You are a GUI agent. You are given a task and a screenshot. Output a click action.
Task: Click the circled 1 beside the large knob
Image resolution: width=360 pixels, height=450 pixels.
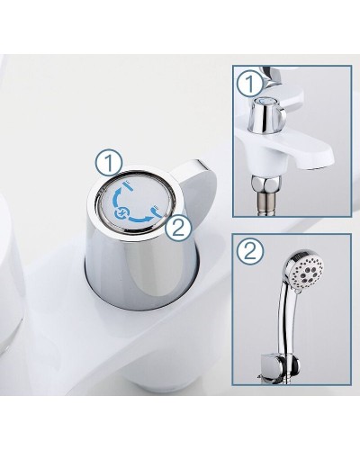[x=110, y=163]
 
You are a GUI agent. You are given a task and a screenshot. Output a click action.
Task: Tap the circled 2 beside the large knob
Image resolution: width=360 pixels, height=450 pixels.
[x=178, y=230]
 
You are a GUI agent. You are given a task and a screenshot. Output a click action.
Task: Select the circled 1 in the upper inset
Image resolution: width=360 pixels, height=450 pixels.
[x=251, y=83]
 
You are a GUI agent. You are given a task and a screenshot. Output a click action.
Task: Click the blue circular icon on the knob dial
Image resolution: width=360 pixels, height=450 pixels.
[x=121, y=213]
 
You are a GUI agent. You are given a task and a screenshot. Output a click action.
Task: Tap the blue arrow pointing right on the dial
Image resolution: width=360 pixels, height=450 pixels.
[x=139, y=218]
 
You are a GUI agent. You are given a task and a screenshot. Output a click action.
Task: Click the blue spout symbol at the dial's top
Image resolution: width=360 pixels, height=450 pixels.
[x=128, y=185]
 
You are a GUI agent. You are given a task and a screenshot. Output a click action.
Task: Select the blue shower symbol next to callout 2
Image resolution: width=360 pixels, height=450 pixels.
[x=158, y=211]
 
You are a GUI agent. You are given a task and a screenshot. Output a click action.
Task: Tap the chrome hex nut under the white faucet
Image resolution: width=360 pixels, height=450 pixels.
[x=265, y=183]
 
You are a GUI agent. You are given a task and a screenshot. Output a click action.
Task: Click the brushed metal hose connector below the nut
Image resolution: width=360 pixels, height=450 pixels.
[x=265, y=203]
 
